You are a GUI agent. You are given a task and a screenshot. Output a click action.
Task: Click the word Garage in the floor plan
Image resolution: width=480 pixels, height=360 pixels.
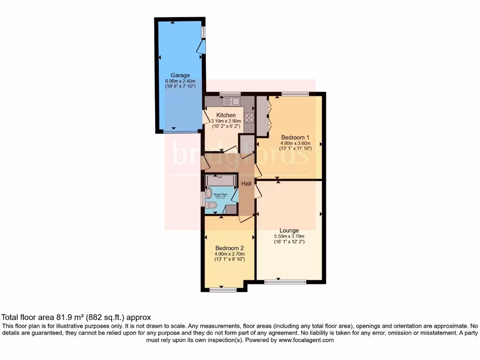coord(180,75)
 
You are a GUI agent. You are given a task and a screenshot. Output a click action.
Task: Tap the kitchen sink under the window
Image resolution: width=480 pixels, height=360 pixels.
coord(232,101)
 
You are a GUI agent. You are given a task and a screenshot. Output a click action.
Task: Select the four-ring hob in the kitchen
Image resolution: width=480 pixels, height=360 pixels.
coord(249,118)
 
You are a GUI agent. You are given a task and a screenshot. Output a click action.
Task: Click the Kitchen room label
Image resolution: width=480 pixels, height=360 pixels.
coord(225,115)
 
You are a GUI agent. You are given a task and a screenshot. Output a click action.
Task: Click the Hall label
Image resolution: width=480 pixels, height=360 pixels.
coord(247,184)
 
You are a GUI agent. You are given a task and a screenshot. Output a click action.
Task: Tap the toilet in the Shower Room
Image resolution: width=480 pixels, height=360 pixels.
coord(211,205)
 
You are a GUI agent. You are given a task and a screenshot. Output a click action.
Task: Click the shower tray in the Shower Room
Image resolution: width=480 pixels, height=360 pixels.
coord(221,180)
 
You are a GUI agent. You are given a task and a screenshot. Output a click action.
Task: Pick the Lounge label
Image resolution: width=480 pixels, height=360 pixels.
coord(289,230)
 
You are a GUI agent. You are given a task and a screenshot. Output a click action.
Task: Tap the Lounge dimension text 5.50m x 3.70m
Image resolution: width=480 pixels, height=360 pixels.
coord(289,236)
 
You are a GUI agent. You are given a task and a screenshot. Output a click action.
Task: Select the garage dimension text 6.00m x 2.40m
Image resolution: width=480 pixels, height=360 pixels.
coord(180,81)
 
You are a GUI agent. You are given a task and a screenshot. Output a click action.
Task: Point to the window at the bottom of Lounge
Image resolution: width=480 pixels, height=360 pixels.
coord(285,282)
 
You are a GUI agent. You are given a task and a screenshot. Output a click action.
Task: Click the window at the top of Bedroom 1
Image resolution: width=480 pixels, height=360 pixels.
coord(295,94)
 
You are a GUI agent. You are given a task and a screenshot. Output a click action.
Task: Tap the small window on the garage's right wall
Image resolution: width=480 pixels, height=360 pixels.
coord(203,32)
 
